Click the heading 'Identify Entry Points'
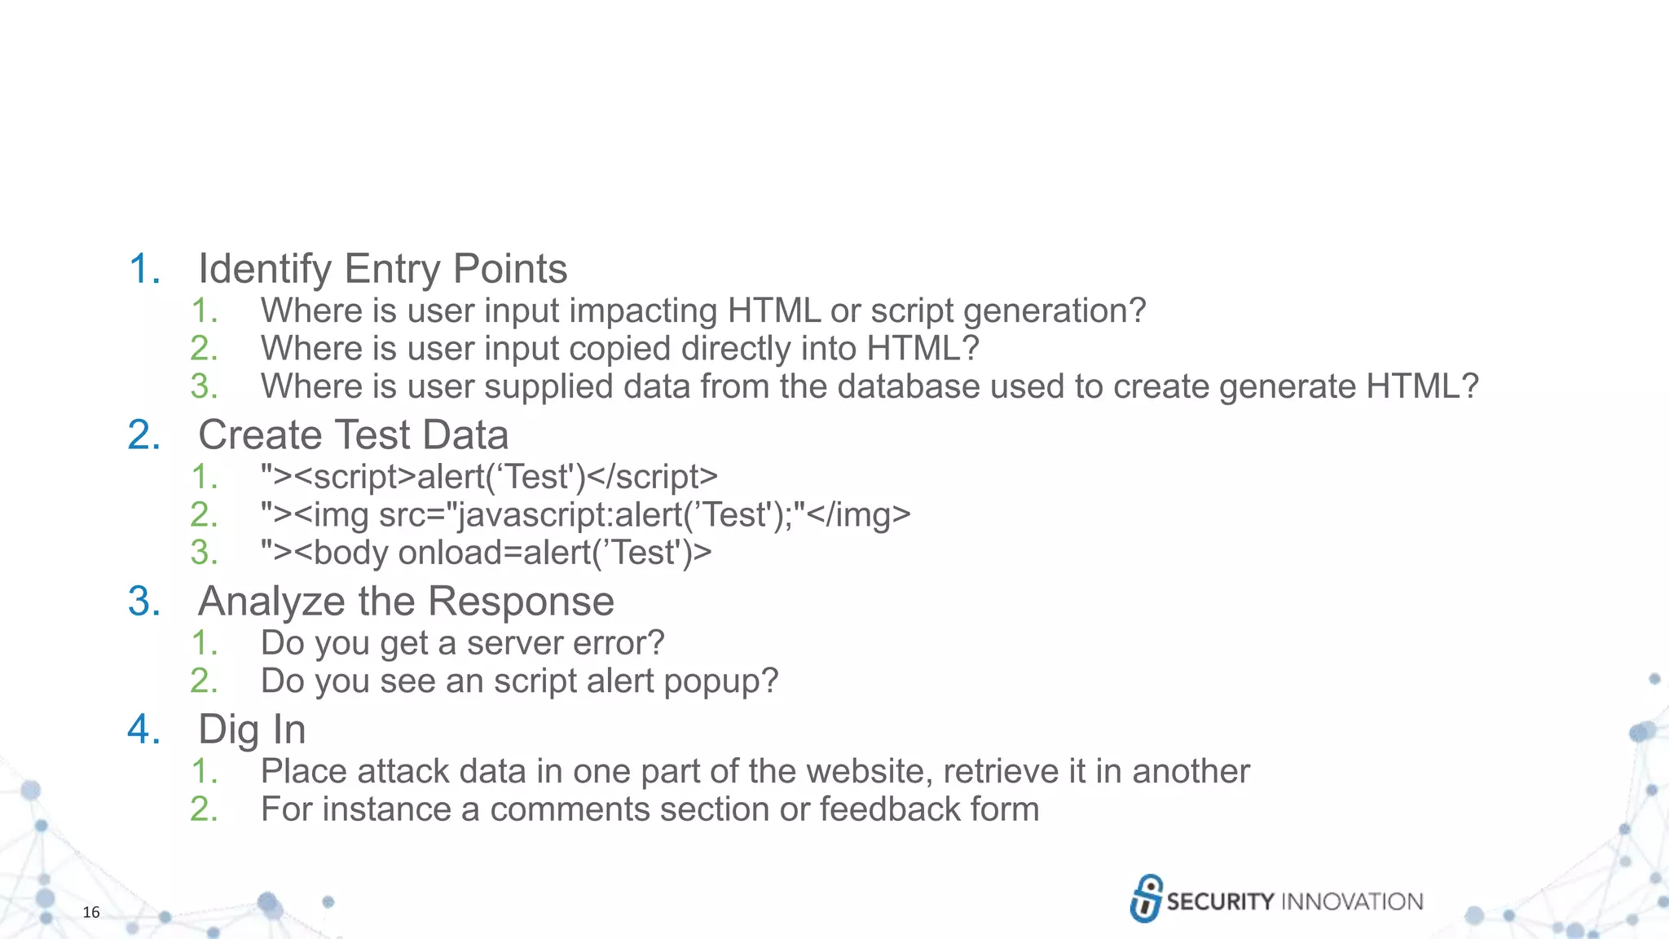pyautogui.click(x=382, y=269)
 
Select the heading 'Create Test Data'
pyautogui.click(x=353, y=434)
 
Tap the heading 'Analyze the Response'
pyautogui.click(x=406, y=602)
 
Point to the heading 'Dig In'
pyautogui.click(x=252, y=730)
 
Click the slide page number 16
pyautogui.click(x=91, y=912)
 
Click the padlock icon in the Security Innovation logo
pyautogui.click(x=1146, y=898)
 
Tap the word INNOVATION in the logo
pyautogui.click(x=1352, y=902)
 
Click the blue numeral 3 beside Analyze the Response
pyautogui.click(x=143, y=602)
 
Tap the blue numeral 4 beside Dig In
pyautogui.click(x=143, y=730)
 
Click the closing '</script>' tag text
pyautogui.click(x=652, y=477)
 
